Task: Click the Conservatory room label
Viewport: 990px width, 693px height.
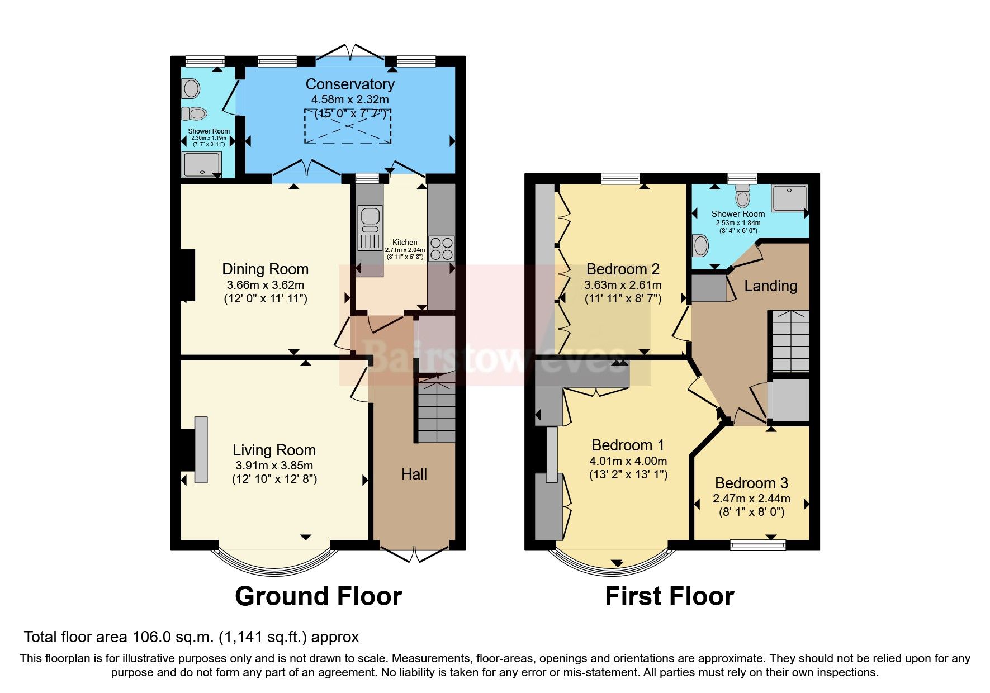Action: click(x=350, y=84)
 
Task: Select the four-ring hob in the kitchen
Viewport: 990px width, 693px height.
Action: click(x=442, y=249)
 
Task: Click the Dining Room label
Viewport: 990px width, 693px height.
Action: click(x=266, y=269)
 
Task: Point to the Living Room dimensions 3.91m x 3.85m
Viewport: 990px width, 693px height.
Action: click(x=274, y=466)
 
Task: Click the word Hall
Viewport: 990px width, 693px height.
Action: click(x=414, y=474)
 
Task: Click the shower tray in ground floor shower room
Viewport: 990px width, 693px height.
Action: click(x=201, y=163)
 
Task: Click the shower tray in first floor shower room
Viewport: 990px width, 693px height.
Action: click(x=790, y=198)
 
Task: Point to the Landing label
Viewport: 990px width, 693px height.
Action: click(x=770, y=286)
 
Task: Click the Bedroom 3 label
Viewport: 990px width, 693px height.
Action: click(x=751, y=483)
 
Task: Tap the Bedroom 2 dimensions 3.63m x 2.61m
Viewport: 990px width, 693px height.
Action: click(x=623, y=285)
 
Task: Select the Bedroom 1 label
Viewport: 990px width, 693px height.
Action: click(x=628, y=445)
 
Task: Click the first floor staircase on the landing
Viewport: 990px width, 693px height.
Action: click(x=790, y=341)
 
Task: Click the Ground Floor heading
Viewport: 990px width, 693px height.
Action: click(x=318, y=596)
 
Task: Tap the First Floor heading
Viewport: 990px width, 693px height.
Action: click(x=669, y=596)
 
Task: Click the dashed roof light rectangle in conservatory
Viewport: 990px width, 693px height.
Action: click(x=347, y=126)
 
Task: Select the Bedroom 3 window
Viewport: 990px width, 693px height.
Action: click(x=758, y=544)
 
